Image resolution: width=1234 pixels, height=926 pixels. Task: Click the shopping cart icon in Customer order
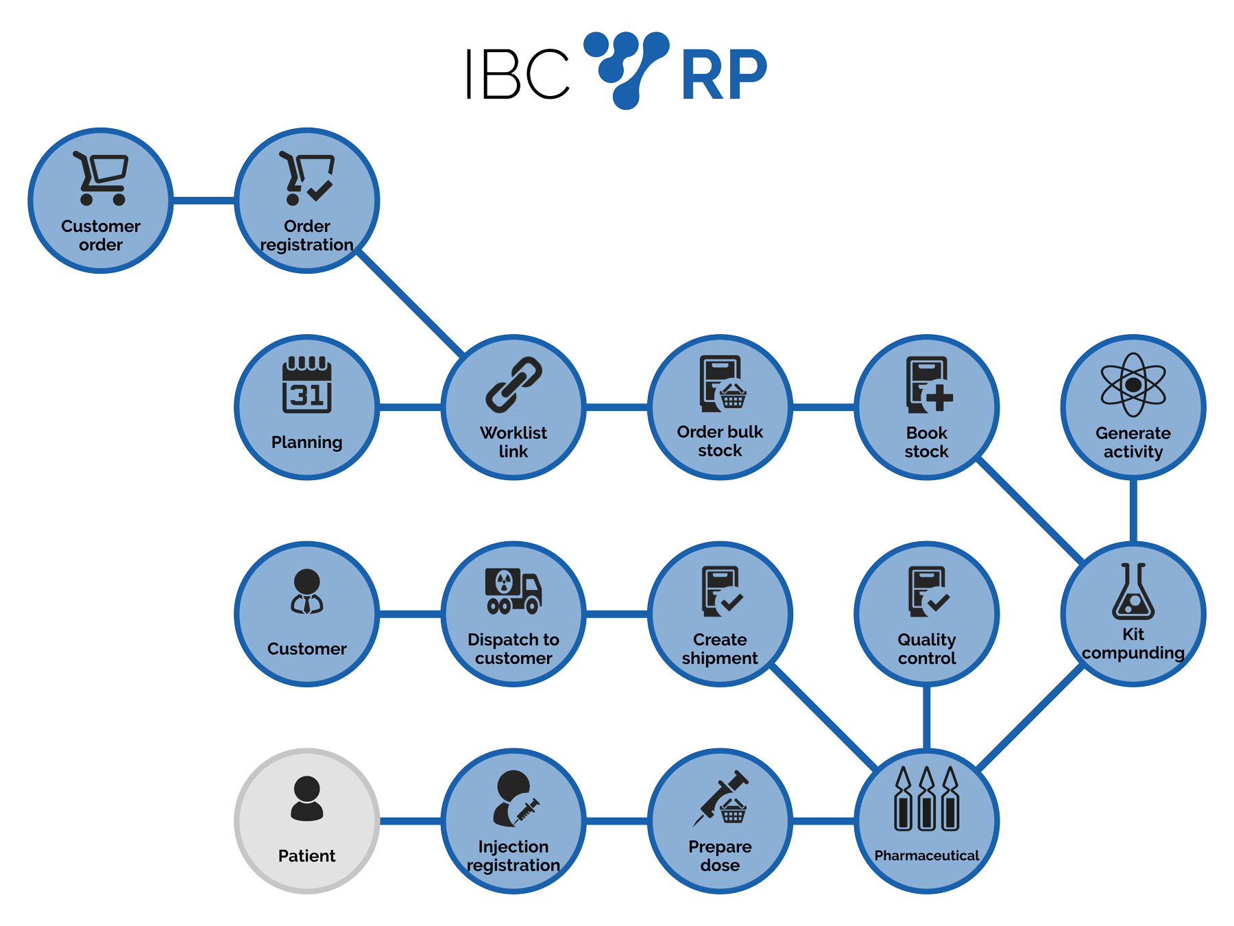101,178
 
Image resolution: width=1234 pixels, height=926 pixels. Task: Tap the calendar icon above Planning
306,385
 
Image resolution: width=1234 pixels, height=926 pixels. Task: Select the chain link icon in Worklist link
513,384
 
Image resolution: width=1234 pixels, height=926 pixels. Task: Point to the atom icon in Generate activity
1133,385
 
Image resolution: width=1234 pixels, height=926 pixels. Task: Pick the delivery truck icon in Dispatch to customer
513,591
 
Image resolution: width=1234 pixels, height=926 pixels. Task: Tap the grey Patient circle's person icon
306,798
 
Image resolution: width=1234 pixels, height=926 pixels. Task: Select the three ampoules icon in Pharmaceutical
926,799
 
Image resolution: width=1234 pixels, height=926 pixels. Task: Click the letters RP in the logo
723,75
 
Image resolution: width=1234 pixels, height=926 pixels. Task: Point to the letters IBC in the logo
518,74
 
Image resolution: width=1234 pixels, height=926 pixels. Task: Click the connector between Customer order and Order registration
204,200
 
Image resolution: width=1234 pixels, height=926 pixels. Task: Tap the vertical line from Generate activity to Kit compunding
1133,510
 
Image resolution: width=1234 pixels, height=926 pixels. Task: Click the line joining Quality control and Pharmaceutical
926,717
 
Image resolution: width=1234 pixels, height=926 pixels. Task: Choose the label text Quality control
926,649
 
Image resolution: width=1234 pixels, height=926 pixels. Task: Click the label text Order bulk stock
720,441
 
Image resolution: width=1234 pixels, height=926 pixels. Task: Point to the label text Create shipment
720,649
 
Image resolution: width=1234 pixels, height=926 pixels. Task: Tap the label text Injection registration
513,856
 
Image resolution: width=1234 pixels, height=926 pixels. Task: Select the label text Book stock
926,442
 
